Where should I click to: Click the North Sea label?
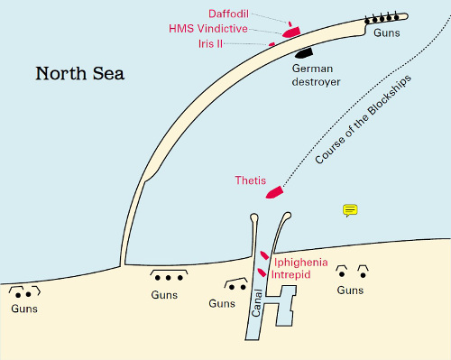(86, 73)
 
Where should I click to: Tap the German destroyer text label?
(315, 75)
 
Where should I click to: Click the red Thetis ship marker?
(273, 191)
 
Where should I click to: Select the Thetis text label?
(250, 180)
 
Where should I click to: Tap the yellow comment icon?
(351, 210)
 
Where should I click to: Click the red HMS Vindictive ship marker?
(291, 32)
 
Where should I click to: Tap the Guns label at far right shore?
(350, 290)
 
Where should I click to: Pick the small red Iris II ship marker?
(272, 43)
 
